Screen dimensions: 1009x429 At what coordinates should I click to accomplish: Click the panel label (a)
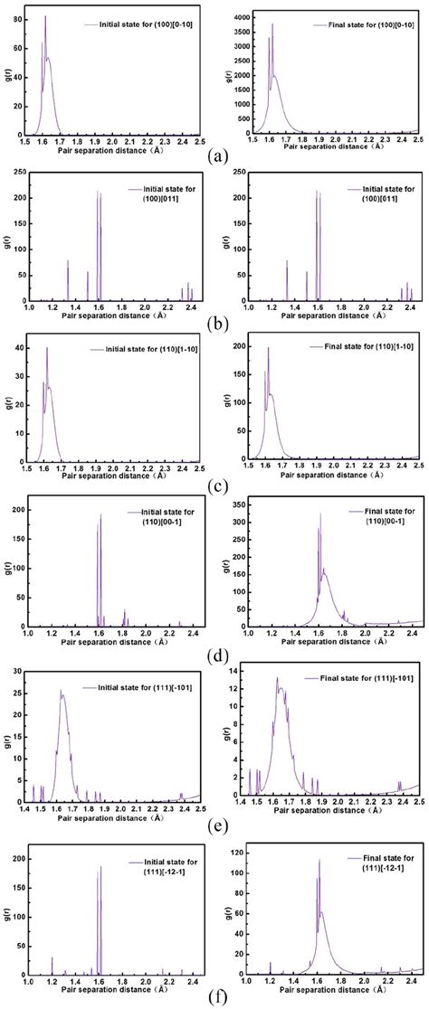click(x=215, y=156)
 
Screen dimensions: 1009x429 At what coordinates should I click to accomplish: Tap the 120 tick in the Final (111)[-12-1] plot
click(x=237, y=851)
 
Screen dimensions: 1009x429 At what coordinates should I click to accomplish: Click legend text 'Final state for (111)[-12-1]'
click(x=372, y=859)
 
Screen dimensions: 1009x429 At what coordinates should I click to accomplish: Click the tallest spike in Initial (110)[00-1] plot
click(x=100, y=515)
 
